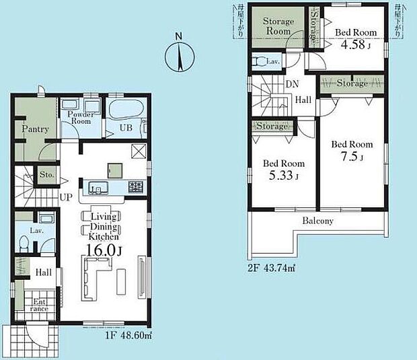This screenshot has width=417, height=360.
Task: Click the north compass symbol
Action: [180, 56]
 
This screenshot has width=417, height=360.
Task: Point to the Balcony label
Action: [317, 221]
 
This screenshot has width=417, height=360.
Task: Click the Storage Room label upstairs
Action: [278, 26]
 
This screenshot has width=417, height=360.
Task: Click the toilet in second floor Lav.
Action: [260, 62]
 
